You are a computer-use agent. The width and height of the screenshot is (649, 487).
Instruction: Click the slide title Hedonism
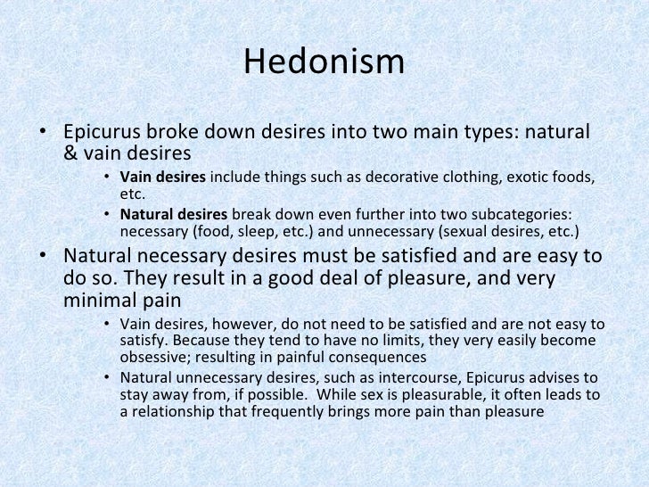[x=324, y=62]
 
